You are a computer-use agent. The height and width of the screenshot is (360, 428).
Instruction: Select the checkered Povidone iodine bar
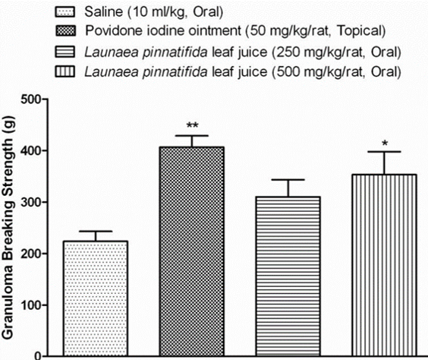tap(192, 251)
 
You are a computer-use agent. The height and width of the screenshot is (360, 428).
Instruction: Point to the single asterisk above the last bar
tap(384, 142)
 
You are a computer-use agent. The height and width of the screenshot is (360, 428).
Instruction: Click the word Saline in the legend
tap(104, 11)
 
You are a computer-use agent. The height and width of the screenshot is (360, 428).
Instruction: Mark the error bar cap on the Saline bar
tap(96, 231)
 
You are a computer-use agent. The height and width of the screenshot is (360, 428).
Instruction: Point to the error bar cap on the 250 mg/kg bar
tap(288, 180)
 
